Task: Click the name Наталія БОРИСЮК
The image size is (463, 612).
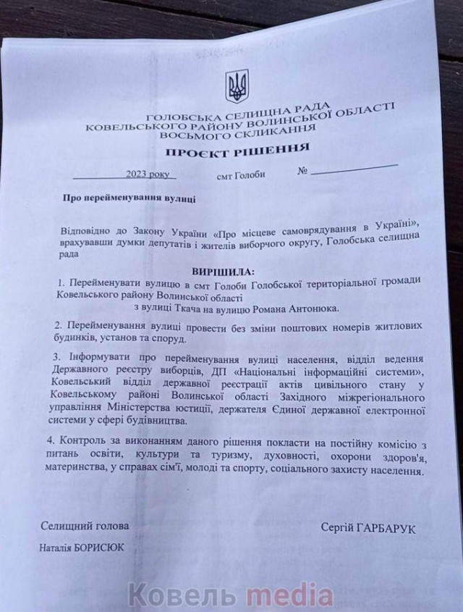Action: pyautogui.click(x=82, y=548)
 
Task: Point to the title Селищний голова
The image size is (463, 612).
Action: pyautogui.click(x=85, y=527)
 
